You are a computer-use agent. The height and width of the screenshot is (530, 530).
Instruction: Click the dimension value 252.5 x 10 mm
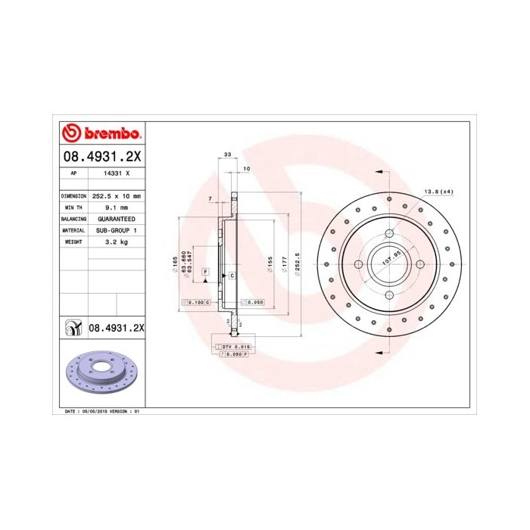[116, 195]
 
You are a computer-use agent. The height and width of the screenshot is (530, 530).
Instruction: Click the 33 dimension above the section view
[227, 154]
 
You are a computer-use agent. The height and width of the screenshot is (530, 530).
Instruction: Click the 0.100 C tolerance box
[195, 302]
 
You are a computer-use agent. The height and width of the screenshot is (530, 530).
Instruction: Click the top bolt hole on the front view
[388, 233]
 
